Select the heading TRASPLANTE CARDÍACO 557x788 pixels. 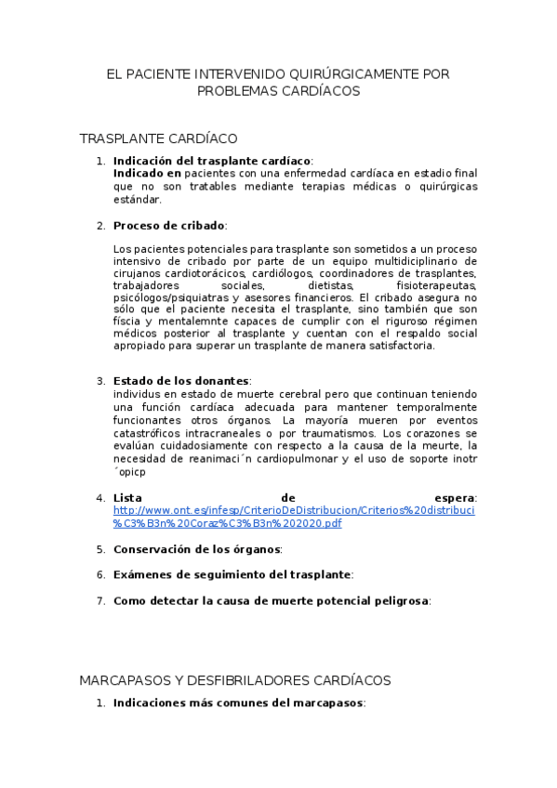158,138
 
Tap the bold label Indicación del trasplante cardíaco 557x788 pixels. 212,161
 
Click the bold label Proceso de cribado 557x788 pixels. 169,226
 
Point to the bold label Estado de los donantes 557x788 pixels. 181,381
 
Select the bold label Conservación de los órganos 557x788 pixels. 197,549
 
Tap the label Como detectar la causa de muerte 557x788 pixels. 271,601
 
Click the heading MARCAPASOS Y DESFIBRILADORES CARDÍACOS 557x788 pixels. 235,680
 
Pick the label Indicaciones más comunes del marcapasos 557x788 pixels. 238,703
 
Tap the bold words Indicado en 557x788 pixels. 147,173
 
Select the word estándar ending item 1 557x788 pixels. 137,199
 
